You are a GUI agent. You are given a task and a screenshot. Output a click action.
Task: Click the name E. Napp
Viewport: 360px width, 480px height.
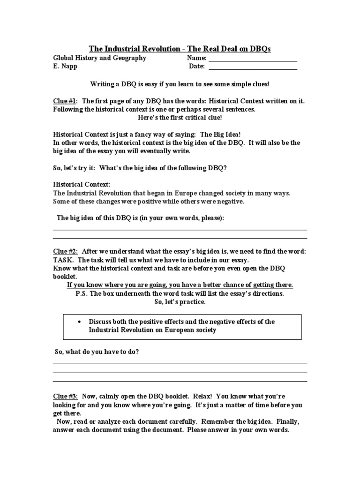pyautogui.click(x=66, y=67)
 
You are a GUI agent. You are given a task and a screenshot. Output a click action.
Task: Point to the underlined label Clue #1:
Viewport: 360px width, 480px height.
pyautogui.click(x=65, y=101)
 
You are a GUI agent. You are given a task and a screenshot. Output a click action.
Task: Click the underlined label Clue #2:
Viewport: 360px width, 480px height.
pyautogui.click(x=65, y=252)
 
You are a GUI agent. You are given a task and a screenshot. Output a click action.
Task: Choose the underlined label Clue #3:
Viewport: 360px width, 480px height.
pyautogui.click(x=65, y=397)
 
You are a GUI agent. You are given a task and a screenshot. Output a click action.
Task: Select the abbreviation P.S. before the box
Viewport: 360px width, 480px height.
pyautogui.click(x=83, y=293)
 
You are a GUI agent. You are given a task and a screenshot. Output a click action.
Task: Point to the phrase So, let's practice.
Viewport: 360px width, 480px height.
pyautogui.click(x=180, y=302)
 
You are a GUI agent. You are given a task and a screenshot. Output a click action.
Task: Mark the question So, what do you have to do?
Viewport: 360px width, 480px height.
pyautogui.click(x=97, y=352)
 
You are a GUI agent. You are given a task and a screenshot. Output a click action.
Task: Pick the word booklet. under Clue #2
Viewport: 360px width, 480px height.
pyautogui.click(x=65, y=277)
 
